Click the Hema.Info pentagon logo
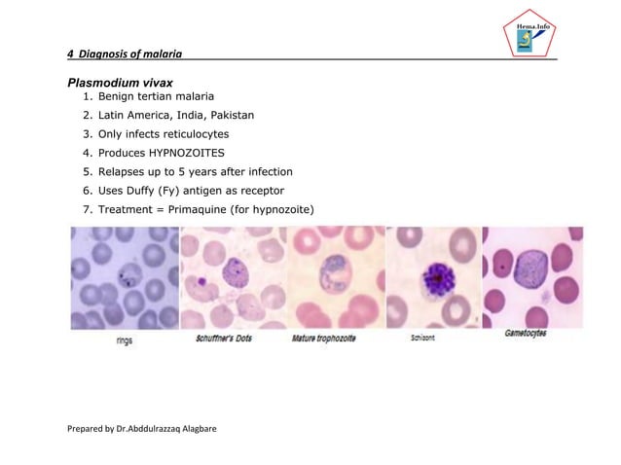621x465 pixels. tap(522, 36)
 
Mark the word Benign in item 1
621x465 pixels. tap(119, 97)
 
